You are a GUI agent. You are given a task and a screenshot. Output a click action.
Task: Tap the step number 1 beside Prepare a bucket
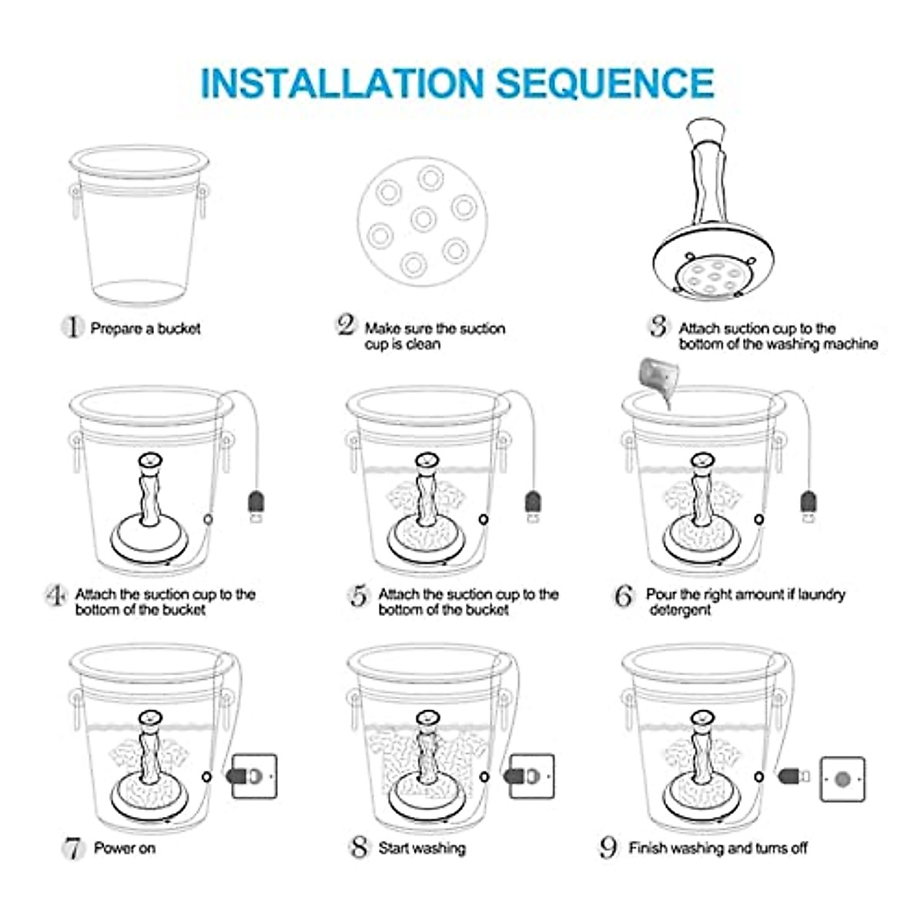click(x=72, y=327)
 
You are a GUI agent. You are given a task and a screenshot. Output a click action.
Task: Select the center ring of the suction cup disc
click(x=423, y=219)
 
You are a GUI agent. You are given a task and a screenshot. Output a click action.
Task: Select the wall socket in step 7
click(x=253, y=775)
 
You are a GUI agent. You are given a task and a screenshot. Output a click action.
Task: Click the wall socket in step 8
click(x=531, y=775)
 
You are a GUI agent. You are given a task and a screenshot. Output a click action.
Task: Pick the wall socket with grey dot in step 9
click(x=842, y=779)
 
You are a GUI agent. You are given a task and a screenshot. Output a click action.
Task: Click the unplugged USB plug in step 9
click(x=793, y=775)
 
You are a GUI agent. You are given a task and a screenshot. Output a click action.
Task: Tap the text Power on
click(x=124, y=848)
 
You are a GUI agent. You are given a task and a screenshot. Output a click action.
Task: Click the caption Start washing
click(x=422, y=848)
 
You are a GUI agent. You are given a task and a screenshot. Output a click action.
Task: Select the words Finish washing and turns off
click(x=718, y=848)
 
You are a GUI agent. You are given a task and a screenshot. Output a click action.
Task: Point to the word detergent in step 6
click(x=679, y=610)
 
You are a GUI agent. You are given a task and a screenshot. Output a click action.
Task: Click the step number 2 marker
click(x=346, y=326)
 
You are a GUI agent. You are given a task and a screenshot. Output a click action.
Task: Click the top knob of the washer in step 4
click(x=149, y=460)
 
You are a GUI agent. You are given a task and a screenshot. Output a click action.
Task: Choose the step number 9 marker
click(x=609, y=847)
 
